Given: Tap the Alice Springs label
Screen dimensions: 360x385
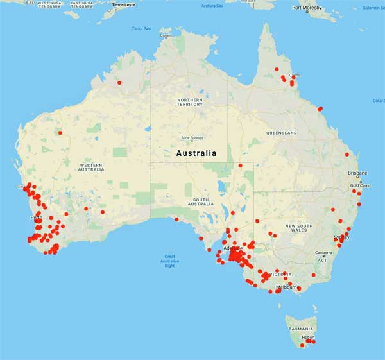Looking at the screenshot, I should point(192,138).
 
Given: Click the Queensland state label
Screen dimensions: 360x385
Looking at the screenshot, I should point(281,133).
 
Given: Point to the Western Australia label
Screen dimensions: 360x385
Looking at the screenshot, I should point(91,167).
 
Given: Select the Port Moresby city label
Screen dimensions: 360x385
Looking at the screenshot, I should point(307,8).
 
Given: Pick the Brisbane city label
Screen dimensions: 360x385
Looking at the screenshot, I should point(357,173).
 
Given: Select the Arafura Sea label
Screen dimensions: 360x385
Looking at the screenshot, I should point(212,6).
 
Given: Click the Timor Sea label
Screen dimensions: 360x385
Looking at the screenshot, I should point(141,28).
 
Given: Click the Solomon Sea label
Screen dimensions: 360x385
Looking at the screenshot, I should point(373,8).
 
